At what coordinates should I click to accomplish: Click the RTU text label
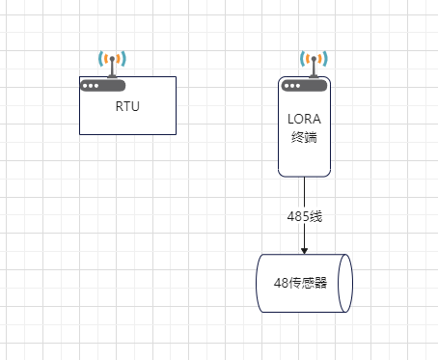click(x=127, y=106)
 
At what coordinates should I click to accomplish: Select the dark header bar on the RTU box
click(x=127, y=84)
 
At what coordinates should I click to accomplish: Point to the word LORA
click(x=304, y=120)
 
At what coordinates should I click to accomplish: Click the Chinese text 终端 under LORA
click(x=304, y=137)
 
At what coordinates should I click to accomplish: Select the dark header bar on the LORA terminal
click(x=304, y=85)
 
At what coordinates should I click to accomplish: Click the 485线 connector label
click(x=304, y=216)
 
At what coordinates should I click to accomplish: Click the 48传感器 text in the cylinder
click(x=300, y=284)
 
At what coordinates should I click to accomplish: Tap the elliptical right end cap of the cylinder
click(x=346, y=284)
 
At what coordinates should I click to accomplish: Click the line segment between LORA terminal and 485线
click(x=304, y=191)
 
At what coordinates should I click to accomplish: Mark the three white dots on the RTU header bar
click(x=91, y=85)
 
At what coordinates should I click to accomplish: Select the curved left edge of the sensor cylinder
click(x=259, y=284)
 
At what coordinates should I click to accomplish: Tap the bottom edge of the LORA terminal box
click(x=304, y=177)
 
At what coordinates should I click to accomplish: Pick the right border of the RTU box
click(x=176, y=106)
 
